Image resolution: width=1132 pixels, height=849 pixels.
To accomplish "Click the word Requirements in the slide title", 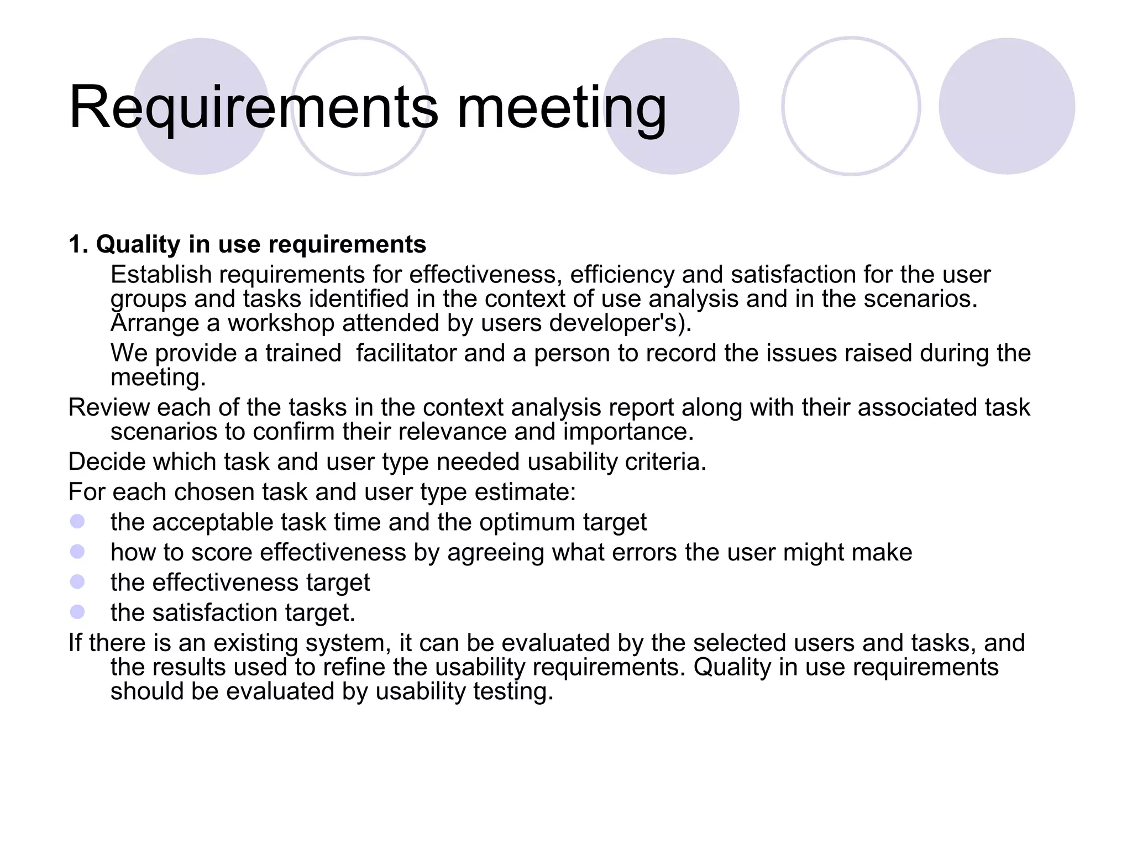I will [x=253, y=108].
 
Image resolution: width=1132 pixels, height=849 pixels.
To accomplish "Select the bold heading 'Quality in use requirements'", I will [x=261, y=244].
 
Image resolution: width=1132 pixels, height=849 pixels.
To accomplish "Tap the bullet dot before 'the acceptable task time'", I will [x=77, y=522].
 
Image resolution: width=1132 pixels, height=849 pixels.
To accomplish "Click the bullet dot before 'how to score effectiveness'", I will [x=77, y=552].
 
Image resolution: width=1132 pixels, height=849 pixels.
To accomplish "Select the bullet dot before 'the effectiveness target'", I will [x=77, y=582].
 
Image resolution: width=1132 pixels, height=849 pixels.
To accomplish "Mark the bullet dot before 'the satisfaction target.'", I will [x=77, y=612].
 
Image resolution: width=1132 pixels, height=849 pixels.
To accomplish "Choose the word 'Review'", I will [x=109, y=407].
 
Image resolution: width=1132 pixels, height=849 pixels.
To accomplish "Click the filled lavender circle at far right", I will [x=1007, y=106].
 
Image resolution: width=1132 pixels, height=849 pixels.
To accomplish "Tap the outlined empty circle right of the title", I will [x=851, y=106].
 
